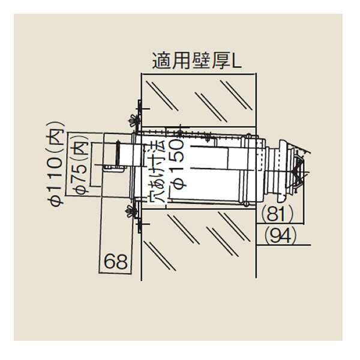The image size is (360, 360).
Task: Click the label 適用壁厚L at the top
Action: [x=196, y=61]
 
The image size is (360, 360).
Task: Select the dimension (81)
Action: [x=278, y=213]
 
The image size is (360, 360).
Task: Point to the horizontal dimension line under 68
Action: [x=119, y=274]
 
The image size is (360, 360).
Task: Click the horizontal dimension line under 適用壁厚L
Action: [x=196, y=74]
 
